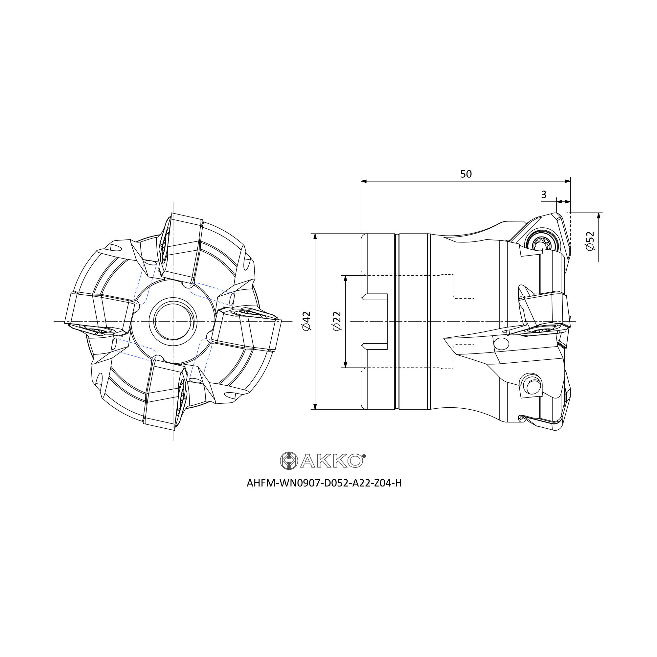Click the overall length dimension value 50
(x=466, y=174)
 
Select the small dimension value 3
(x=543, y=194)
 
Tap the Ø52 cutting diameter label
(x=590, y=241)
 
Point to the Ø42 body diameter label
(x=306, y=321)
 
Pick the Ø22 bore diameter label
(x=337, y=321)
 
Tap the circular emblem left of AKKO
(x=289, y=461)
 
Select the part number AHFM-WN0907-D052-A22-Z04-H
(x=324, y=483)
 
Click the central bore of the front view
(x=173, y=321)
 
